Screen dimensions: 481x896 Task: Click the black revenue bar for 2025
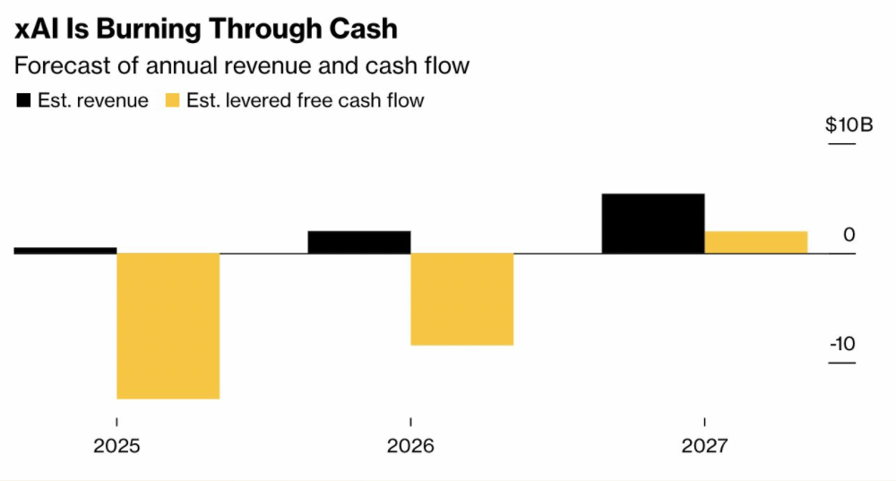click(x=65, y=251)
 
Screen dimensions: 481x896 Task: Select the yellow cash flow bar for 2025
click(x=168, y=326)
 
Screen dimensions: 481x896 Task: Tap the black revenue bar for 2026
click(x=359, y=243)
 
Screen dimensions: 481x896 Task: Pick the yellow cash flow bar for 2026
click(x=462, y=299)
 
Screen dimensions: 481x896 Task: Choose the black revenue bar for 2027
click(x=653, y=224)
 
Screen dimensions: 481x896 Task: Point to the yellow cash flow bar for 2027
click(x=756, y=243)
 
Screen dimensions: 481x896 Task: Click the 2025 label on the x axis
click(x=116, y=446)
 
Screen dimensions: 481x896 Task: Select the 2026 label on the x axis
click(x=410, y=446)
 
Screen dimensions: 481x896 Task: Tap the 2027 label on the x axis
click(x=704, y=446)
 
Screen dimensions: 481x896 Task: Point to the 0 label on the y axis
click(x=849, y=236)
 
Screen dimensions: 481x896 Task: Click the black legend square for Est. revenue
click(x=23, y=100)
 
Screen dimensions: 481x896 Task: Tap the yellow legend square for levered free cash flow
click(x=172, y=100)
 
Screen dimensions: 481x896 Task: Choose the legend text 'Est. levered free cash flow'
click(x=306, y=100)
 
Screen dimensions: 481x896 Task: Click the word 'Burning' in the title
click(x=143, y=29)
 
